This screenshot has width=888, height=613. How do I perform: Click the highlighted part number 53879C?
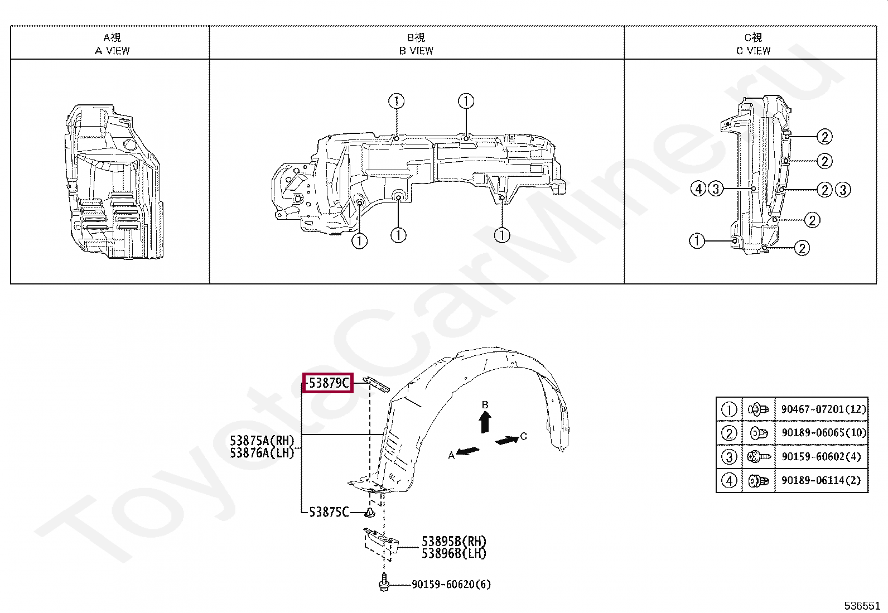[x=329, y=383]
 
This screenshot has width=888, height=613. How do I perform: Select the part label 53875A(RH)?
[x=262, y=441]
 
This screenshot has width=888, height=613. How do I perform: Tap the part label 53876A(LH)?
[x=262, y=453]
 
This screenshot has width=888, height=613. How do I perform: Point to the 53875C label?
[x=329, y=512]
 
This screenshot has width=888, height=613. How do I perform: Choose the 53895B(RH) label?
[x=454, y=541]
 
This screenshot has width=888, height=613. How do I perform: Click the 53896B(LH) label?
[x=454, y=553]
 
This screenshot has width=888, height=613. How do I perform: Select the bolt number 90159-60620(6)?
[x=451, y=584]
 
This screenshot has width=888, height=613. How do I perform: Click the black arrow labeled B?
[x=485, y=422]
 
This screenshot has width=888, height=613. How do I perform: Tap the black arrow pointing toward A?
[x=468, y=451]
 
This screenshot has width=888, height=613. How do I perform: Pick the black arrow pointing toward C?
[x=507, y=440]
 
